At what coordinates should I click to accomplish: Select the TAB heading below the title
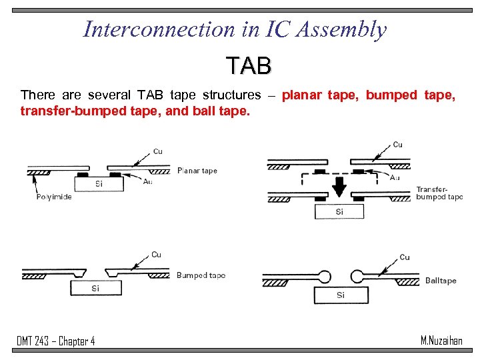coord(248,66)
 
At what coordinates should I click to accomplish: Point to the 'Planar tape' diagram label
coord(197,171)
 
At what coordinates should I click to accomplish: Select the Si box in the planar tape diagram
coord(98,184)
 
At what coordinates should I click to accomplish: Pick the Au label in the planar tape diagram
coord(147,181)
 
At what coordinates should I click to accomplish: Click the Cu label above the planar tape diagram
coord(157,151)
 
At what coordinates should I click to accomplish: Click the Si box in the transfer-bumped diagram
coord(339,211)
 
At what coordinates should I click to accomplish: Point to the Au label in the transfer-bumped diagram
coord(395,177)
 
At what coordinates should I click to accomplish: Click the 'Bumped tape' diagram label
coord(201,275)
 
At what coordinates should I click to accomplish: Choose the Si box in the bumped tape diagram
coord(96,288)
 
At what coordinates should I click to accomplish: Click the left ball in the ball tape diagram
coord(324,276)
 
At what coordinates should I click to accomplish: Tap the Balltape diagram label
coord(441,281)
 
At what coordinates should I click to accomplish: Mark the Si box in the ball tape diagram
coord(340,295)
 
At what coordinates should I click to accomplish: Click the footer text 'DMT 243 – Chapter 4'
coord(56,341)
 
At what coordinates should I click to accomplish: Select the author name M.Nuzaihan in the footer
coord(441,341)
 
